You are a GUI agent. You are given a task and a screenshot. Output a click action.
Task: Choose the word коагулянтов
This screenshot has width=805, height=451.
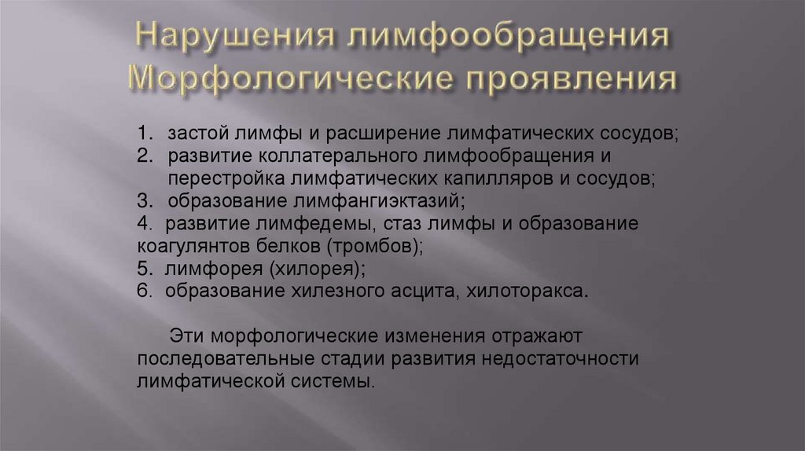click(x=186, y=247)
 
